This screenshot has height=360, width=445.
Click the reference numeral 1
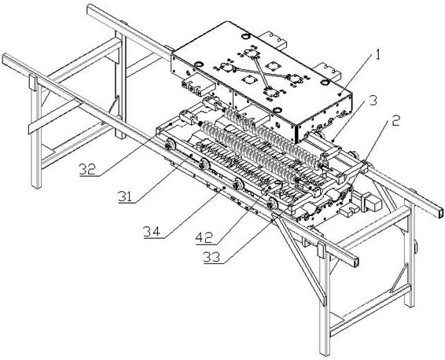pos(377,54)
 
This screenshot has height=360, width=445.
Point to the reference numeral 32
pos(88,169)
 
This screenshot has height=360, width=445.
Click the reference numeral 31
pos(126,197)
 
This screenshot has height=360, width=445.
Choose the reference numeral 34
pos(152,232)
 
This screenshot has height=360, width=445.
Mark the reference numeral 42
pos(204,238)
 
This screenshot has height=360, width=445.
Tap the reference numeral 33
pos(211,257)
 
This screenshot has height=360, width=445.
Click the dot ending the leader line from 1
pos(340,93)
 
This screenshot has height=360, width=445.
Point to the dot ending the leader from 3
pos(333,140)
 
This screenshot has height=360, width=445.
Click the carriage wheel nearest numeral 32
pos(171,144)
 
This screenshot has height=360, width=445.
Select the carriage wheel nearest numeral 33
pos(273,203)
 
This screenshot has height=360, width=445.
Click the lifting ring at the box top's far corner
pos(245,36)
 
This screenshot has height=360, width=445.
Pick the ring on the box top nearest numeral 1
pos(324,83)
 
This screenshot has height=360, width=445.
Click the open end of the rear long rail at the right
pos(440,211)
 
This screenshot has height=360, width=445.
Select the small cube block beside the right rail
pos(374,204)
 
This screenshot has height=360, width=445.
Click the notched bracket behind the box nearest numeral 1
pos(328,72)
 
